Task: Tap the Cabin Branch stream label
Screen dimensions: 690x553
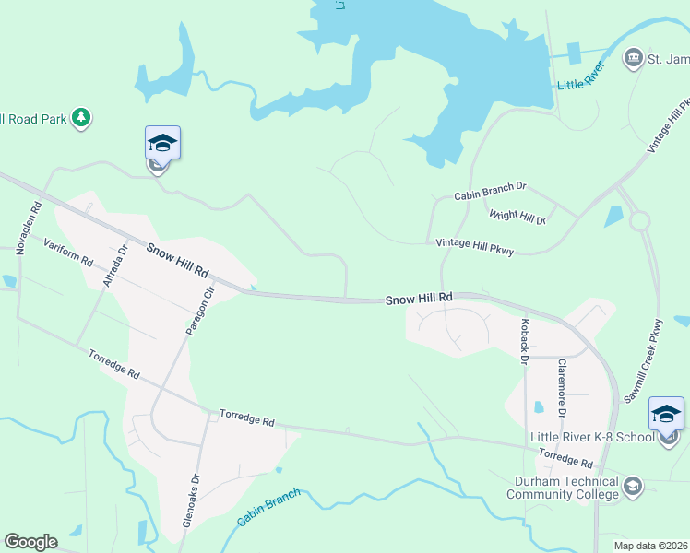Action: pyautogui.click(x=268, y=508)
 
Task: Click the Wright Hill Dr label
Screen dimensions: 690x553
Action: pyautogui.click(x=517, y=217)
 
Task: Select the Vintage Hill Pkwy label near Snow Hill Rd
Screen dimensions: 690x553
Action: pyautogui.click(x=474, y=246)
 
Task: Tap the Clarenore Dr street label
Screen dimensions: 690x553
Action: pyautogui.click(x=559, y=380)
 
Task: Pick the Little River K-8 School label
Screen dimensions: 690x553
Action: pyautogui.click(x=591, y=437)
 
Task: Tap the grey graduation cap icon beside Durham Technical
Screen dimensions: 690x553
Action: pyautogui.click(x=632, y=485)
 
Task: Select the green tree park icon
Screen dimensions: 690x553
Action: pyautogui.click(x=82, y=117)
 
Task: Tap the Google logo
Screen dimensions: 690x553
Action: pyautogui.click(x=30, y=542)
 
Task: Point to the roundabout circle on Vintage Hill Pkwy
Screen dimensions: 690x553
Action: pyautogui.click(x=639, y=221)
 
